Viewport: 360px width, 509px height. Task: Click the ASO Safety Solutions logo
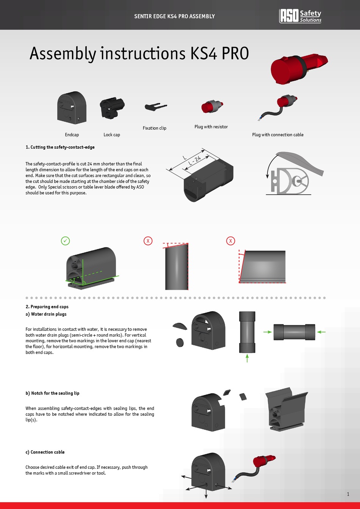300,16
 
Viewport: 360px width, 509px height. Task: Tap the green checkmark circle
66,240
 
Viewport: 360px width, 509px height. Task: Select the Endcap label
72,135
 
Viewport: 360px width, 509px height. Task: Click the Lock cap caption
112,135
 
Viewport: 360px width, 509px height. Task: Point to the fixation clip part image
155,107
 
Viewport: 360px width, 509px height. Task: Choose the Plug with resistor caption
211,127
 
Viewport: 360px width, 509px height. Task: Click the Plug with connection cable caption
278,135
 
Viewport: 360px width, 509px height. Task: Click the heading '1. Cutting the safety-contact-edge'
60,147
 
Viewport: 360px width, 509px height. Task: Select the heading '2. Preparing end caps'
47,307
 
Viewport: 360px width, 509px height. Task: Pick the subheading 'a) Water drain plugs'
46,314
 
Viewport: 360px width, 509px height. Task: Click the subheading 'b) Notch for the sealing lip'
52,393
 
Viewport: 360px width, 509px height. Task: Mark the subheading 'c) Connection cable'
45,452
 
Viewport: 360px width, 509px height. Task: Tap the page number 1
348,494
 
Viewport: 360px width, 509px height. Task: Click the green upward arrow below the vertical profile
247,358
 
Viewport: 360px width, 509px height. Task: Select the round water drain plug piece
180,342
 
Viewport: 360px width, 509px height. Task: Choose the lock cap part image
112,108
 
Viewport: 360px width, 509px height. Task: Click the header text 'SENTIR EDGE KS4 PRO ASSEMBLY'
175,16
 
